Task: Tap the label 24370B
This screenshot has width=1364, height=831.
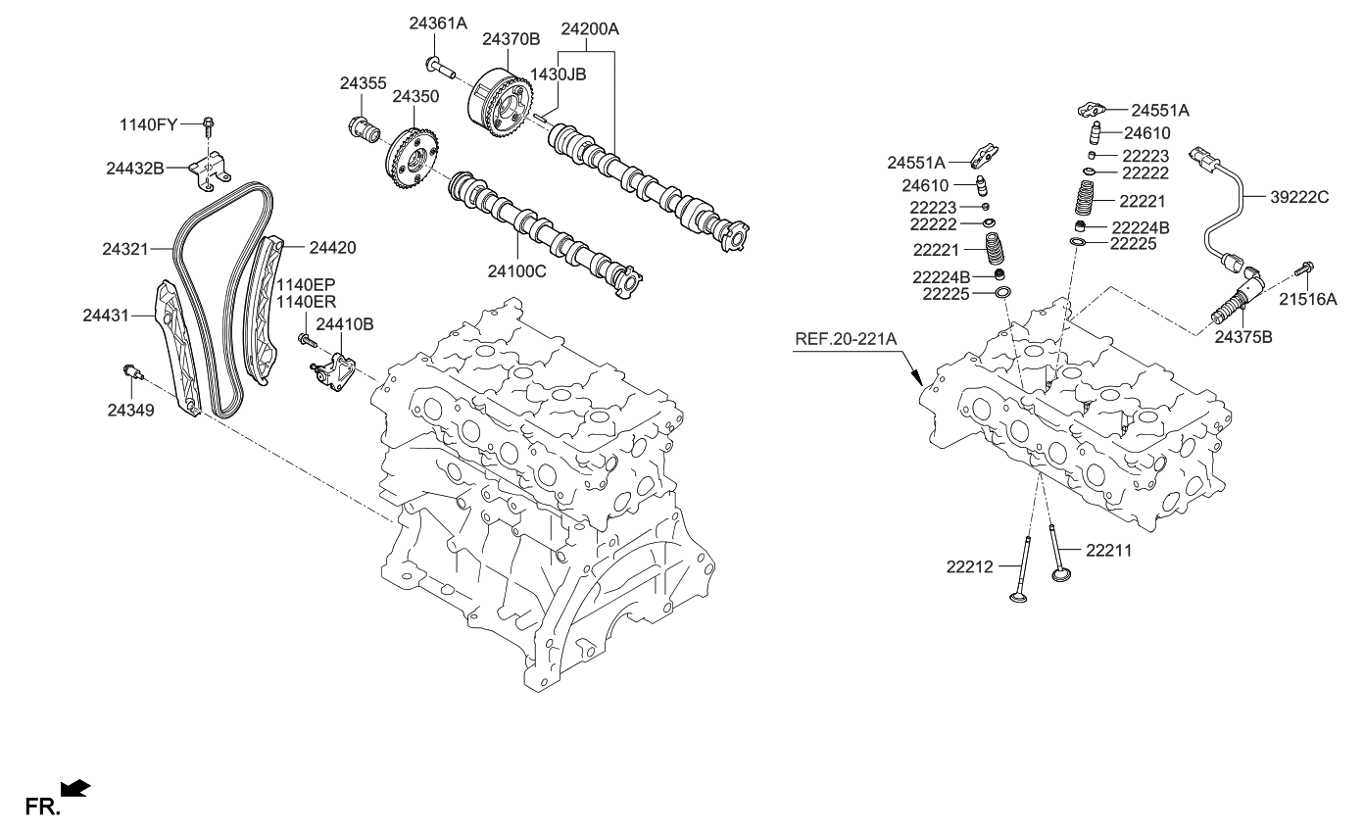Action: click(510, 39)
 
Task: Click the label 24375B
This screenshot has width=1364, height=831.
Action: click(1243, 337)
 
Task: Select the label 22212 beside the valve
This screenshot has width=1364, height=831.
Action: click(971, 565)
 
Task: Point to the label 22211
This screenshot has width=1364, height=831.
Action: click(1108, 551)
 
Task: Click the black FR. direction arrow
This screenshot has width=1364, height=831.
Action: click(75, 788)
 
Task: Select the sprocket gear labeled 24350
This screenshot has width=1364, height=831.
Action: click(413, 162)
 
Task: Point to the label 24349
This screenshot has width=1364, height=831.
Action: click(129, 411)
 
